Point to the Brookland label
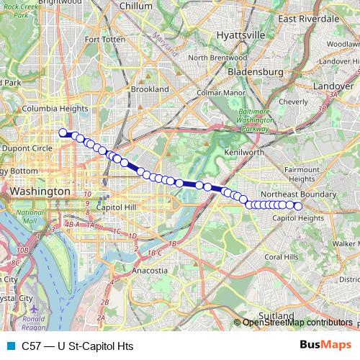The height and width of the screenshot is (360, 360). point(150,89)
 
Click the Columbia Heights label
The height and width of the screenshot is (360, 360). point(50,109)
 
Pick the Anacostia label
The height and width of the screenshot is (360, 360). point(151,271)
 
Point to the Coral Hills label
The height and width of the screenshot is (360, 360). point(282,256)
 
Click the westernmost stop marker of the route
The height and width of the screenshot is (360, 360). point(63,132)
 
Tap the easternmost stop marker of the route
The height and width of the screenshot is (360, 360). point(298,205)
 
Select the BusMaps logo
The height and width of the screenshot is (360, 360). point(325,346)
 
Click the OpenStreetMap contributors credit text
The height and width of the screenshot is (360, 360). point(297,323)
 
